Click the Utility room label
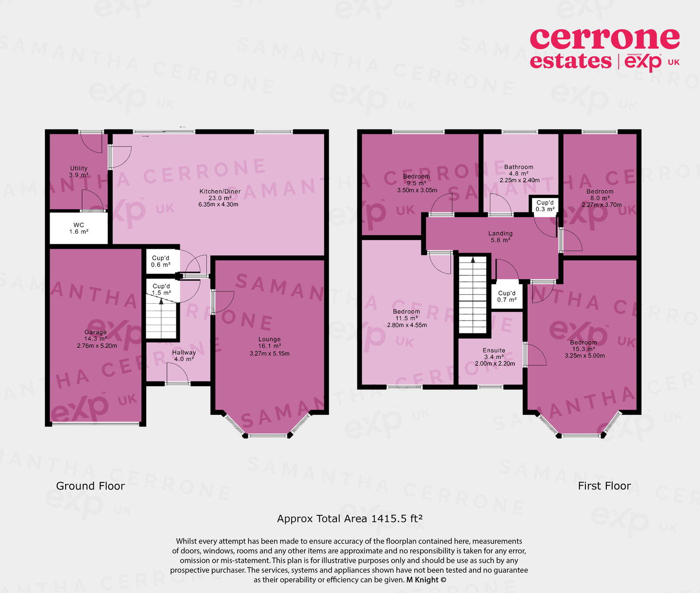pyautogui.click(x=79, y=168)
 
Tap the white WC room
pyautogui.click(x=79, y=228)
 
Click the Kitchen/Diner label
pyautogui.click(x=220, y=191)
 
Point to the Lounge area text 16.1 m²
pyautogui.click(x=269, y=346)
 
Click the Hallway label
pyautogui.click(x=184, y=352)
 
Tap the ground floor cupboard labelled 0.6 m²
pyautogui.click(x=161, y=261)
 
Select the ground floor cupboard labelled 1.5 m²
pyautogui.click(x=161, y=289)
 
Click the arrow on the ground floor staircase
pyautogui.click(x=161, y=301)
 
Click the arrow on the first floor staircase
pyautogui.click(x=472, y=260)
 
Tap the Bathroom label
pyautogui.click(x=518, y=167)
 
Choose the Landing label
pyautogui.click(x=500, y=233)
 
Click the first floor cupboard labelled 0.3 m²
pyautogui.click(x=545, y=206)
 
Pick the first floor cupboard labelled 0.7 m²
pyautogui.click(x=507, y=296)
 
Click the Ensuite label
pyautogui.click(x=494, y=350)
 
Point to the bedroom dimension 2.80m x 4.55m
pyautogui.click(x=407, y=325)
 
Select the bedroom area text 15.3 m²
pyautogui.click(x=584, y=349)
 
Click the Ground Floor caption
pyautogui.click(x=90, y=486)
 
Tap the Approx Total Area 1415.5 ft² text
pyautogui.click(x=350, y=519)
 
